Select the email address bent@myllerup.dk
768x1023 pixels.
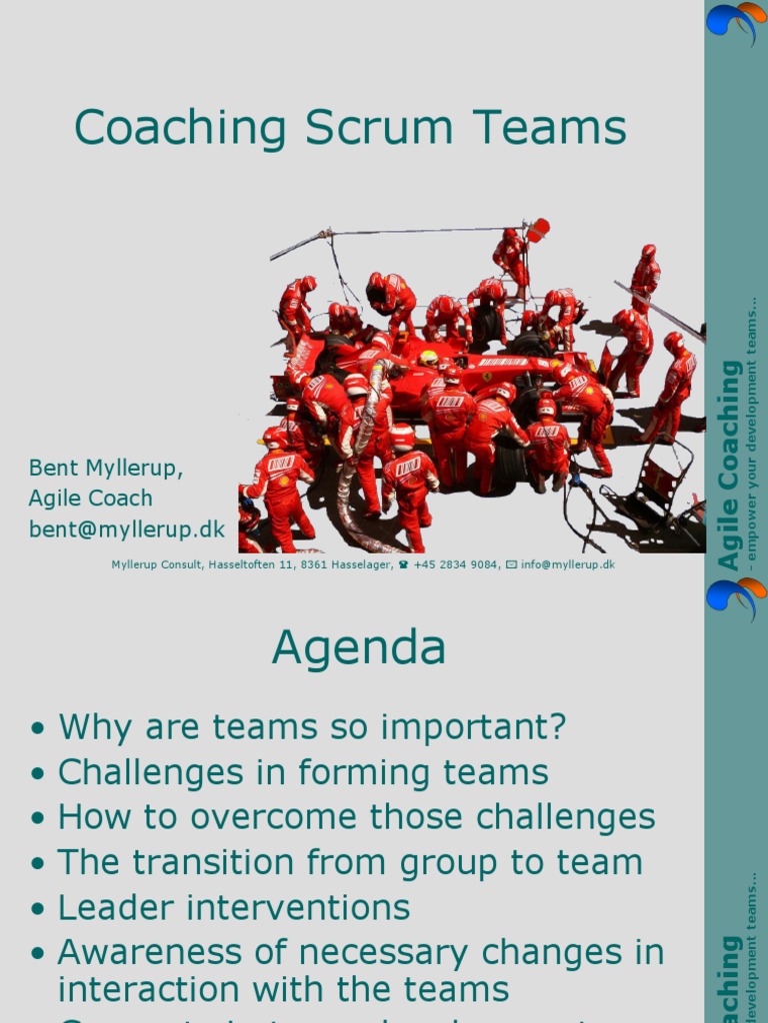127,529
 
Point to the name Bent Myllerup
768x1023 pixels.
106,468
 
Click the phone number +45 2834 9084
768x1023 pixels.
456,565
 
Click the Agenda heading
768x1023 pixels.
358,648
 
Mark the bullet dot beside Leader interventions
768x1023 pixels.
38,909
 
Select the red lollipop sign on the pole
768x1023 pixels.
539,230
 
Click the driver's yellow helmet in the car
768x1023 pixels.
429,358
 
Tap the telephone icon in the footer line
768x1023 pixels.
403,565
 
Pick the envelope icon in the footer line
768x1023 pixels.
511,565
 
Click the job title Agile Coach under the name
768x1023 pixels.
91,499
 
